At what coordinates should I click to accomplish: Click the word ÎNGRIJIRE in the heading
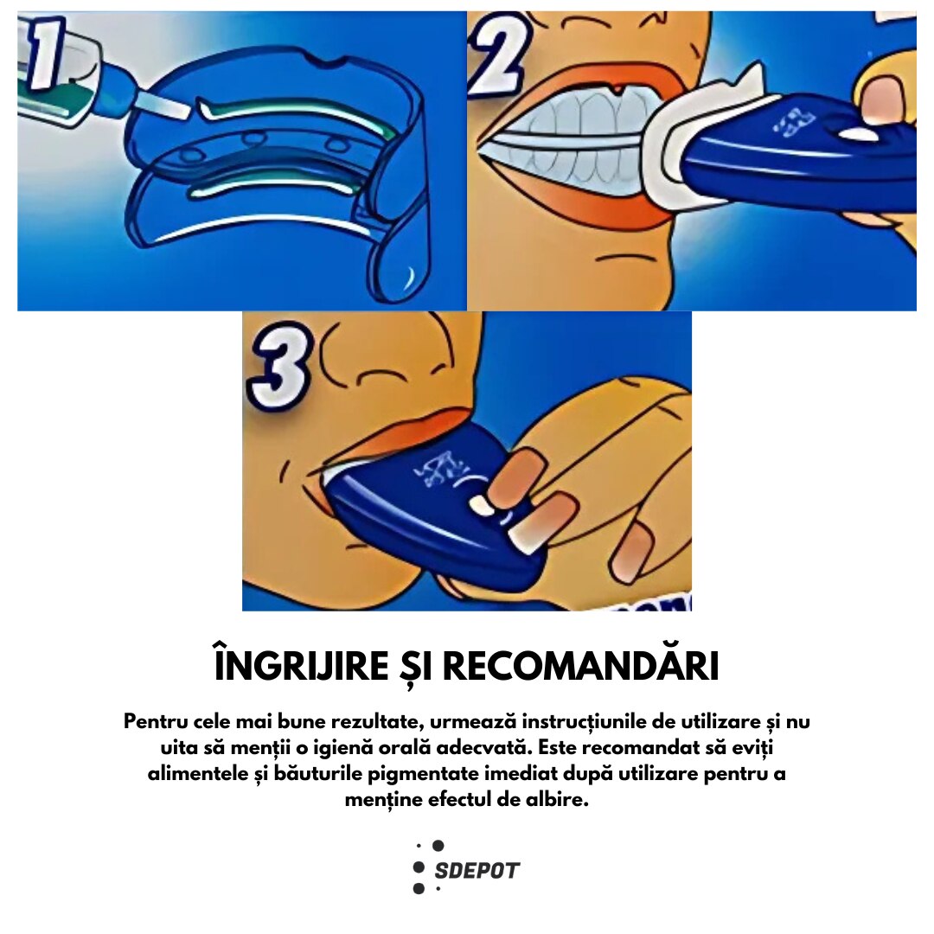click(302, 666)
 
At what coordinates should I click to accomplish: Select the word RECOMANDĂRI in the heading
click(581, 666)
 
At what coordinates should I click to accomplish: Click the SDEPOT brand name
click(477, 870)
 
